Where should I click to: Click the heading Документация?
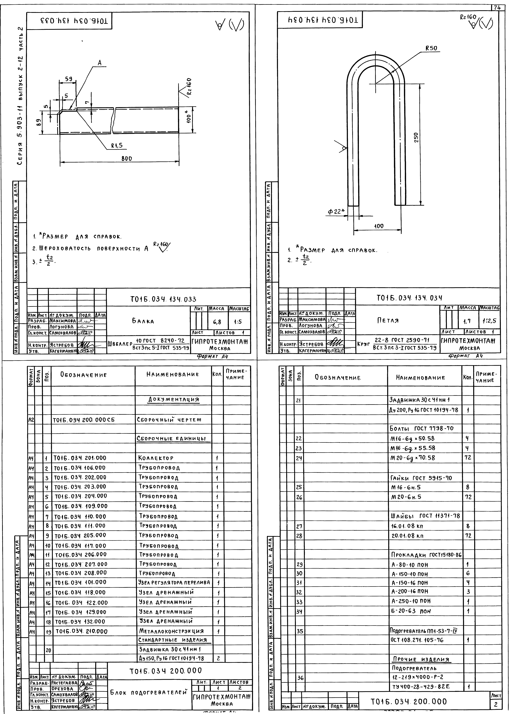coord(173,400)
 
